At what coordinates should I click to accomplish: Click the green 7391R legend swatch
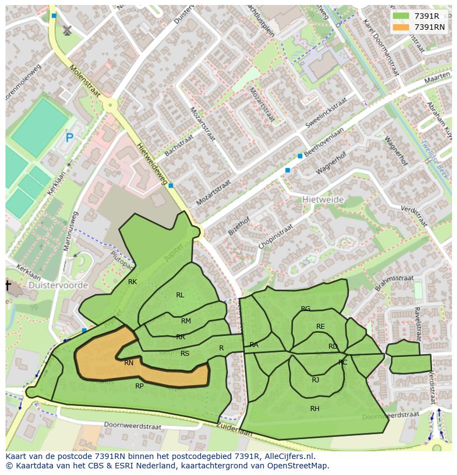(401, 16)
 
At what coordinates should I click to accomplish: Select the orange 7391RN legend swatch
(401, 26)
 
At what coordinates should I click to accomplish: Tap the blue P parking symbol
(70, 138)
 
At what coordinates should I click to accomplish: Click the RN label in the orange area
(129, 363)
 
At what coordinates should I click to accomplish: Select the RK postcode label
(132, 282)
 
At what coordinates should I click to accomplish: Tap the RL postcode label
(180, 295)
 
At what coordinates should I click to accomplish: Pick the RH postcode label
(315, 408)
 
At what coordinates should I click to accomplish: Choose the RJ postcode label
(315, 380)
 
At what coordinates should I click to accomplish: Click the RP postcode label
(140, 386)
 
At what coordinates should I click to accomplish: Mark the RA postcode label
(254, 345)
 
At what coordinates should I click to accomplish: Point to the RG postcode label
(305, 309)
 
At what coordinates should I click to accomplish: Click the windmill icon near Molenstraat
(67, 30)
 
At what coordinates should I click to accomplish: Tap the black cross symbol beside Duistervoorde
(8, 285)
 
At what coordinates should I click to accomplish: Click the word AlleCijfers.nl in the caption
(288, 456)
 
